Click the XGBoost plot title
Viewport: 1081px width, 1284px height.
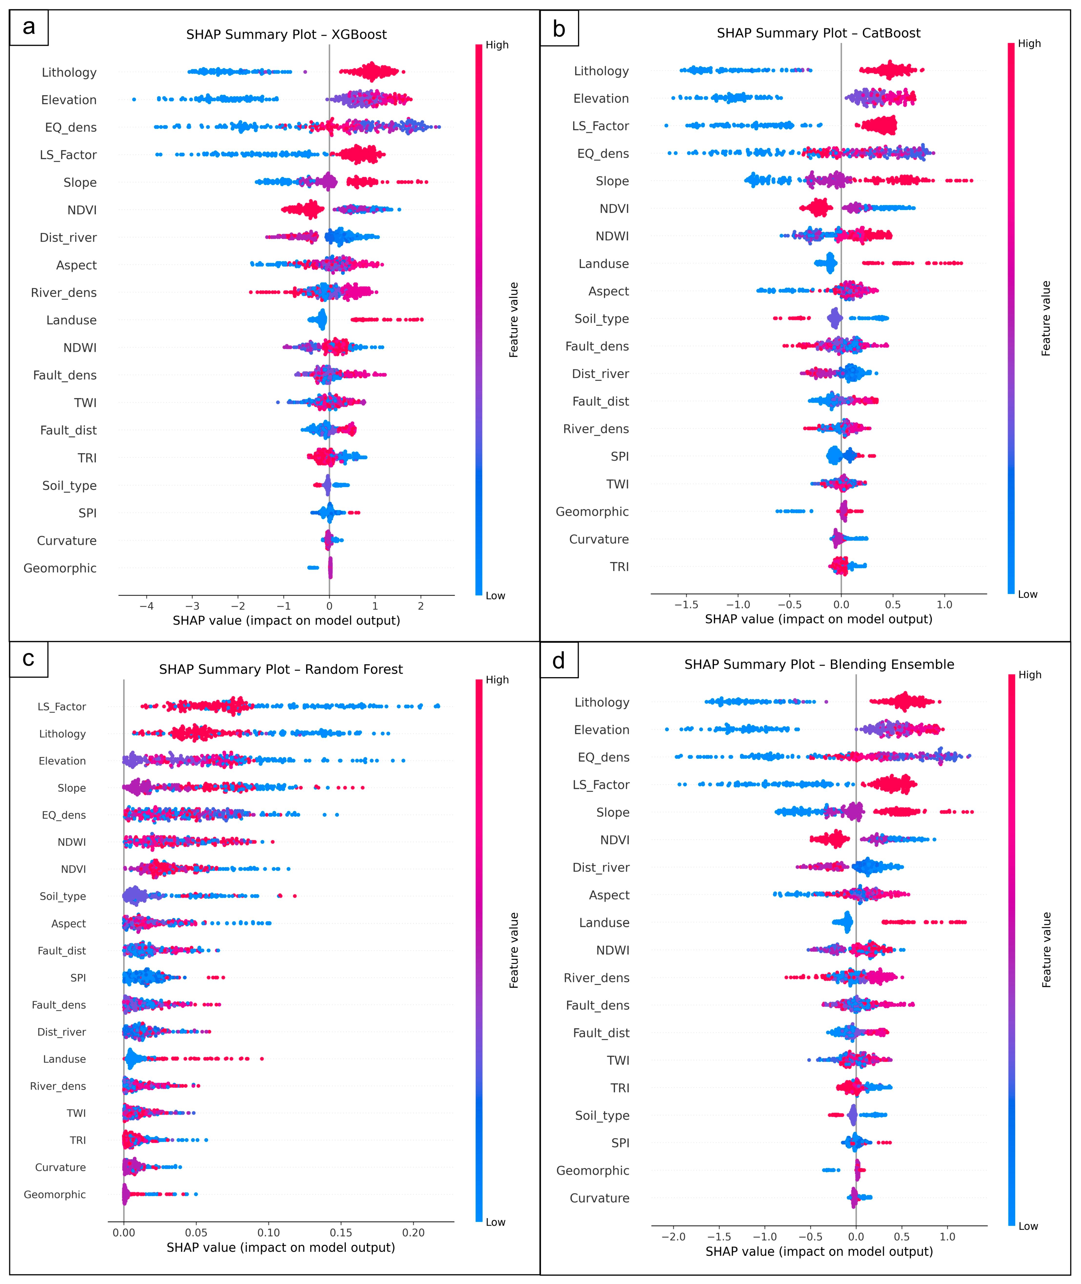point(286,34)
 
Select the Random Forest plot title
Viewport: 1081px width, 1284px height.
point(281,669)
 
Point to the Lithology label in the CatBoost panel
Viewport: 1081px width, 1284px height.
point(601,71)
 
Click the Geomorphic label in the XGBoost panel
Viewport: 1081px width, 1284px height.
point(60,568)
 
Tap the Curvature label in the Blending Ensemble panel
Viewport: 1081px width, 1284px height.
point(599,1198)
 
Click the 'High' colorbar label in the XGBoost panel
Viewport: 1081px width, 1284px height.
point(497,45)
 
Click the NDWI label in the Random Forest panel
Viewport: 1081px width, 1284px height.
point(72,842)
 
